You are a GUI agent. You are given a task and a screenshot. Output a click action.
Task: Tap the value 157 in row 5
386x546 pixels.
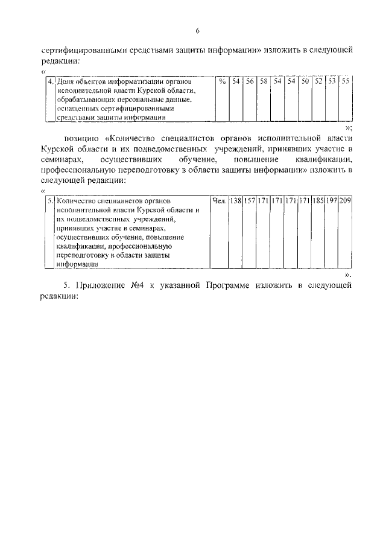click(249, 200)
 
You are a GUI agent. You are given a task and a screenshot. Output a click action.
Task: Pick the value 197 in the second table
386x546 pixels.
click(332, 200)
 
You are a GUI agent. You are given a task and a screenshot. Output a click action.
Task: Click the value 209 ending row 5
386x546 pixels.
click(346, 200)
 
